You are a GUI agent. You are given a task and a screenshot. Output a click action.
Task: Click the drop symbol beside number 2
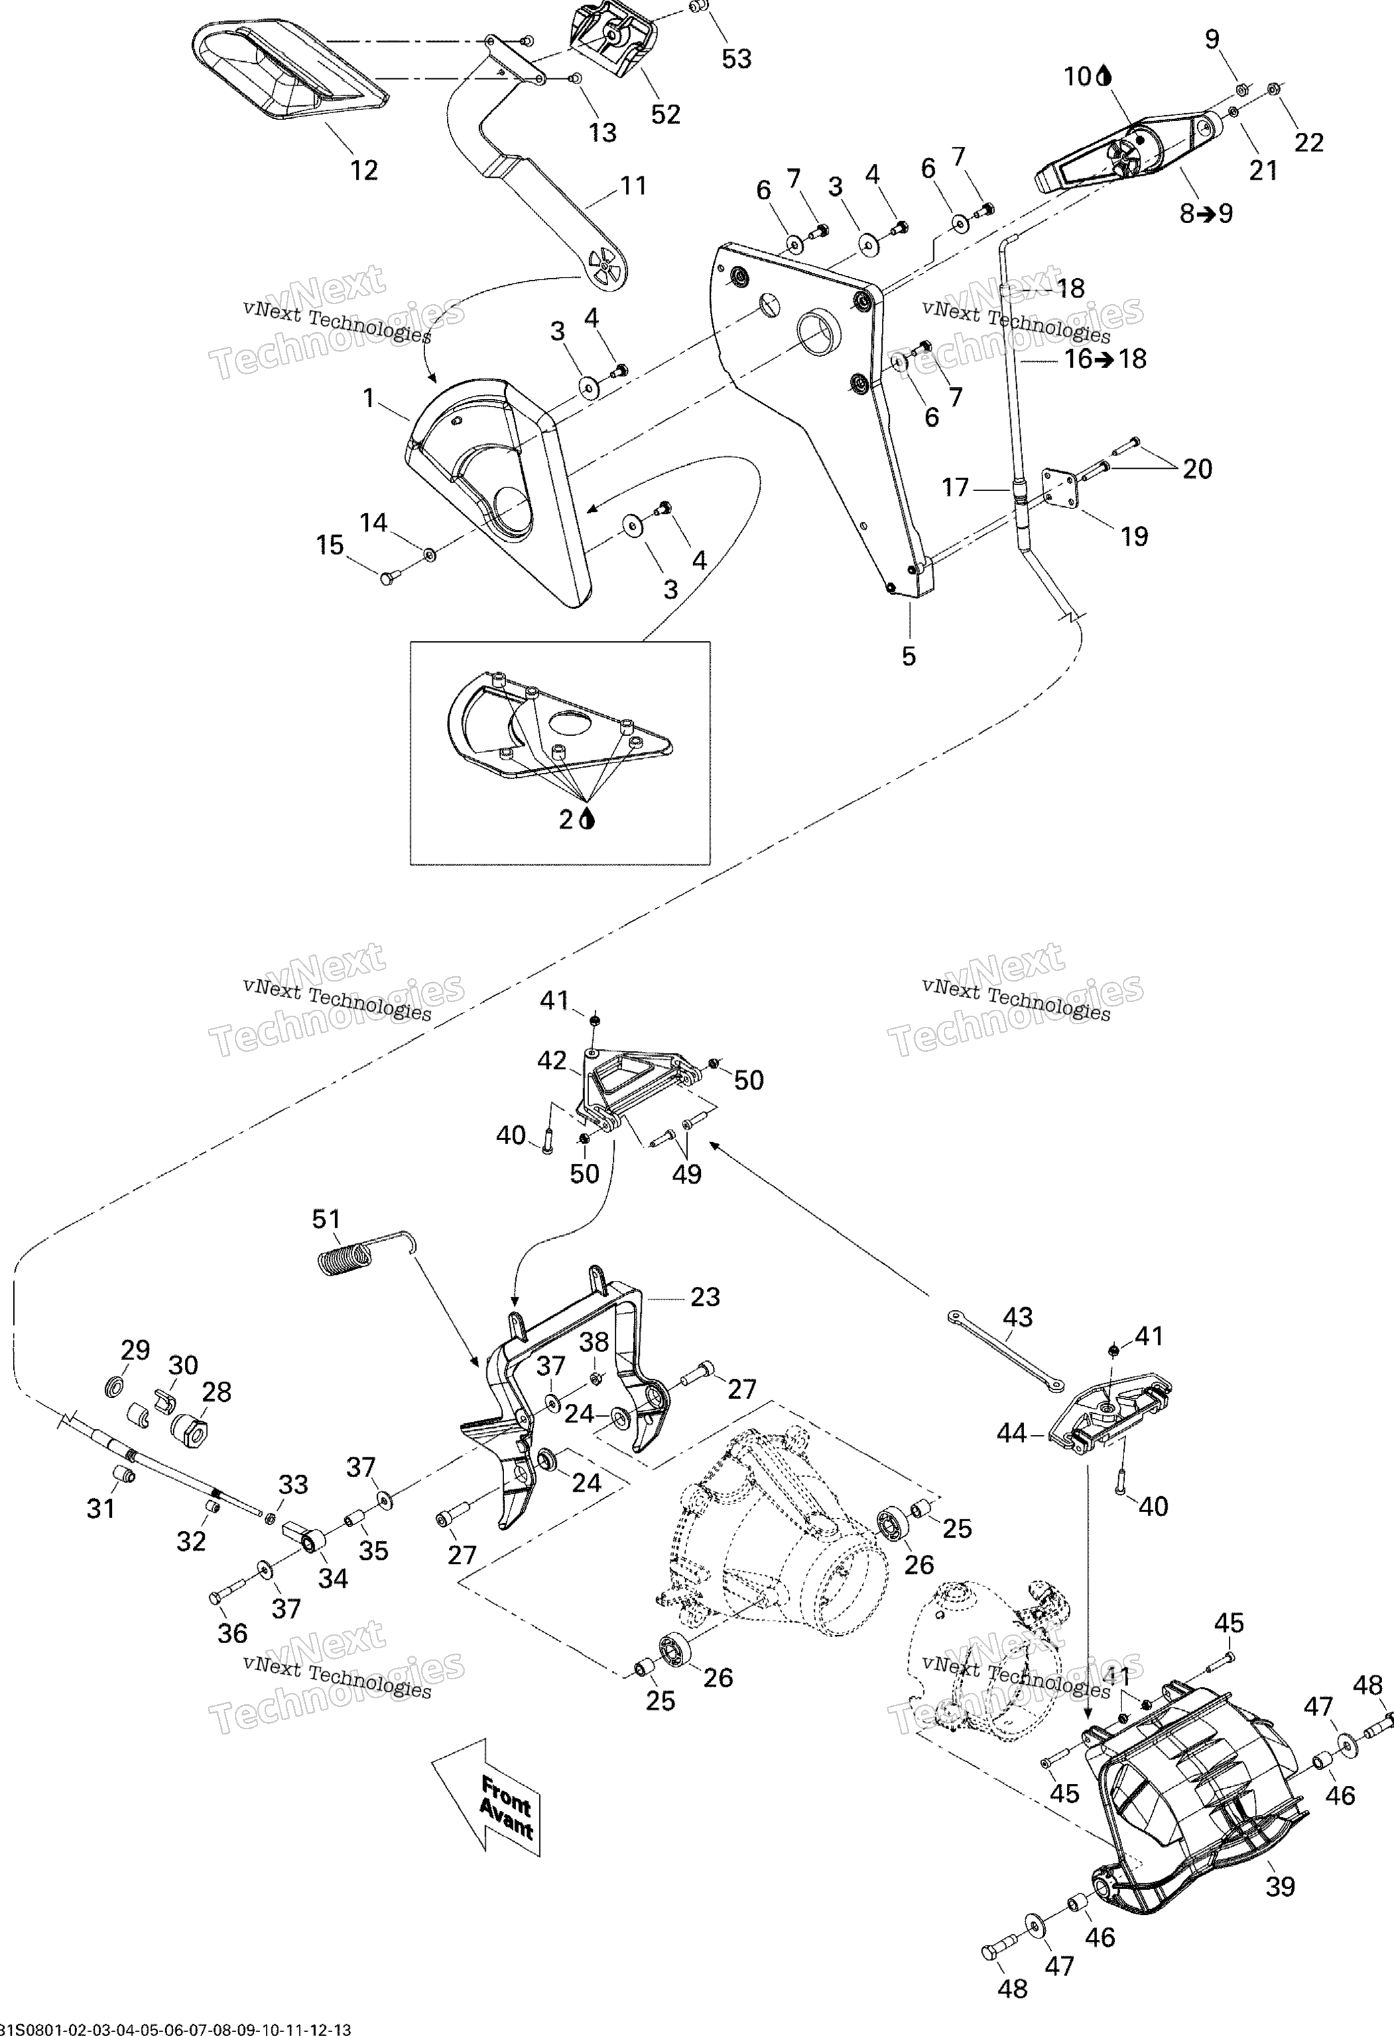[588, 818]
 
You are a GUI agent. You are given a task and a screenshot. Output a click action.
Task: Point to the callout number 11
[632, 186]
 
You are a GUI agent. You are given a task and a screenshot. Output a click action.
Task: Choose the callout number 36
[232, 1633]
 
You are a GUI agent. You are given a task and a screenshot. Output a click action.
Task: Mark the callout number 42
[552, 1061]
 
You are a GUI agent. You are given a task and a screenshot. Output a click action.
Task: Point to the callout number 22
[1308, 142]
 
